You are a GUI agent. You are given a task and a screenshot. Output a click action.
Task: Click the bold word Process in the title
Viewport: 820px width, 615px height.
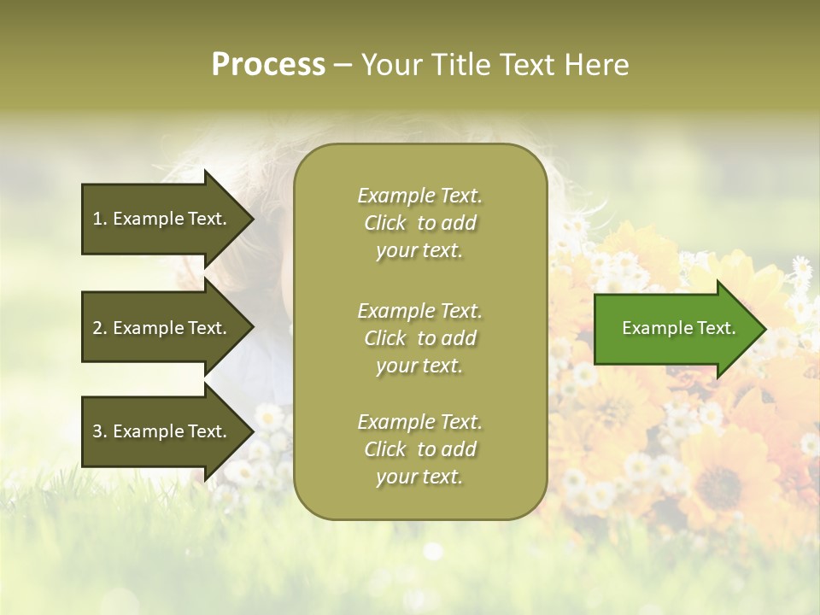(x=268, y=65)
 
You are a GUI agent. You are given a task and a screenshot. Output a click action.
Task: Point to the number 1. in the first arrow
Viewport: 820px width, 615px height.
(x=100, y=219)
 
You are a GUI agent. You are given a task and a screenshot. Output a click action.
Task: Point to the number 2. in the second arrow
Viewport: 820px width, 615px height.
(x=100, y=328)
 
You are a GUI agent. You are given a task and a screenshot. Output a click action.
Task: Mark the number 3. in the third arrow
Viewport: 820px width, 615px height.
(x=100, y=431)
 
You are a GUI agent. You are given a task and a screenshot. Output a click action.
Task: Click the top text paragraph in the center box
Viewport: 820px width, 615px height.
(x=419, y=223)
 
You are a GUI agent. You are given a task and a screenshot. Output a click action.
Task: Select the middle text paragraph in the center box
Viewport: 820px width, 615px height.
(x=419, y=338)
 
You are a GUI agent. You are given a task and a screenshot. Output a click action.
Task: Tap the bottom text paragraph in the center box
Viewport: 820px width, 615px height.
(x=419, y=449)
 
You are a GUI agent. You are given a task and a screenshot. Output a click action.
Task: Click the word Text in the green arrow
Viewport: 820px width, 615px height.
(x=717, y=328)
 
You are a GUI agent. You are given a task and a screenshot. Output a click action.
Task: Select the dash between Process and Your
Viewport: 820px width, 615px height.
(x=343, y=66)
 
